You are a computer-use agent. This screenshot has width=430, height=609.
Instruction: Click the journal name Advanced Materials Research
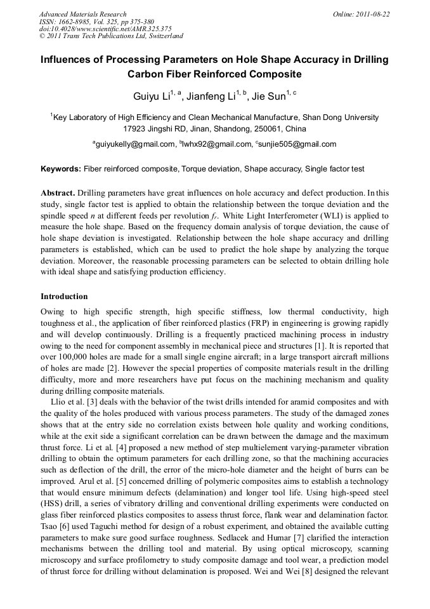(x=82, y=14)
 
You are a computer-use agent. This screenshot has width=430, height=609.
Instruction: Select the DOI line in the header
(x=105, y=29)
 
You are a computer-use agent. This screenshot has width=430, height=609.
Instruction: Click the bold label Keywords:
(x=61, y=170)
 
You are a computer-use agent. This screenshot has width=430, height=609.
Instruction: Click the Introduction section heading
(x=64, y=297)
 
